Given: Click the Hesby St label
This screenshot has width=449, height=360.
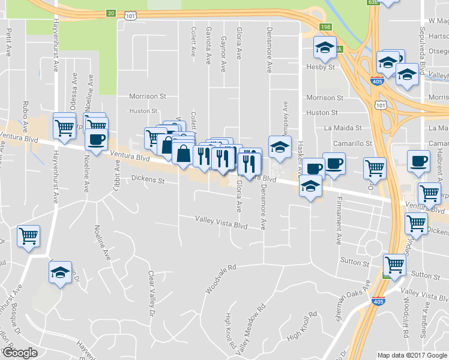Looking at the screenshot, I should coord(322,68).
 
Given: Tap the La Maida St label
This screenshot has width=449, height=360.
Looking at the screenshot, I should coord(343,128).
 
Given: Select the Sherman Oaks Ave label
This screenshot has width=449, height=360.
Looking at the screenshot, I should coord(354,301).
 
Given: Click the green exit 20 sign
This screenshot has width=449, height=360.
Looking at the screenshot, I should coord(110,12).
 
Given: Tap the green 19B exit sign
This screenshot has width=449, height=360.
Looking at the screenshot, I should coord(325,27).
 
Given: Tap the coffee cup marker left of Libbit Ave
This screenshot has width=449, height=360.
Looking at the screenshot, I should coord(96,140).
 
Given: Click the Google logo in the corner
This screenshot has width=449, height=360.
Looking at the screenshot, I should coord(20,353).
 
